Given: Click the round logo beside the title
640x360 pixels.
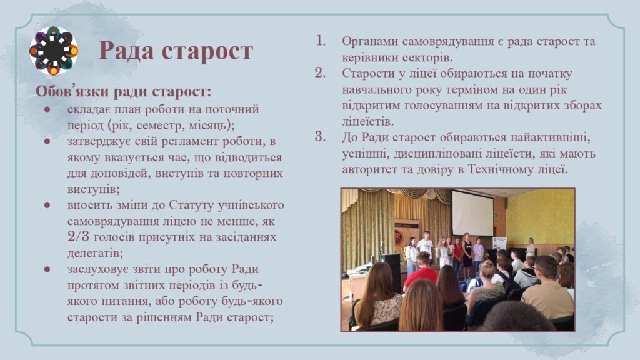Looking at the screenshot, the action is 54,51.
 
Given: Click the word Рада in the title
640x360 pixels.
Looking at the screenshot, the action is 127,51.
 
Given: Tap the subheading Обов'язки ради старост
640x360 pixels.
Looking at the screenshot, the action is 123,91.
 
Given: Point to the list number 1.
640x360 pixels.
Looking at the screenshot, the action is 321,41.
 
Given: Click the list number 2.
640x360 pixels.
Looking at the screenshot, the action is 321,72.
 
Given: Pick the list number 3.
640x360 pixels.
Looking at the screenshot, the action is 321,136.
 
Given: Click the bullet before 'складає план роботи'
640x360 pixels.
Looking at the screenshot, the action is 47,109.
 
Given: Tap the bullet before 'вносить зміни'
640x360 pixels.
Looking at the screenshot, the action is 47,205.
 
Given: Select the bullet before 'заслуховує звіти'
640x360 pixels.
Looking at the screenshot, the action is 47,269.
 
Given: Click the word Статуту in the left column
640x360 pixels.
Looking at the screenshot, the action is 191,205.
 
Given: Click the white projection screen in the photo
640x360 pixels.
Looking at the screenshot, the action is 472,213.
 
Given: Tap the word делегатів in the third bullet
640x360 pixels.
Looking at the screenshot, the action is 95,254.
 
